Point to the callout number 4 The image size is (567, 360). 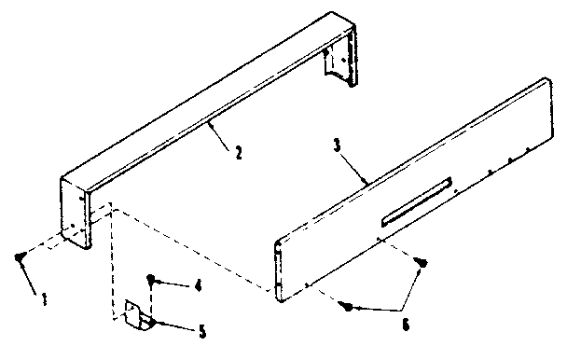tap(197, 285)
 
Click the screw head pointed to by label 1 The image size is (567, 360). tap(20, 258)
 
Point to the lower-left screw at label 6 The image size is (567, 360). tap(346, 305)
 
